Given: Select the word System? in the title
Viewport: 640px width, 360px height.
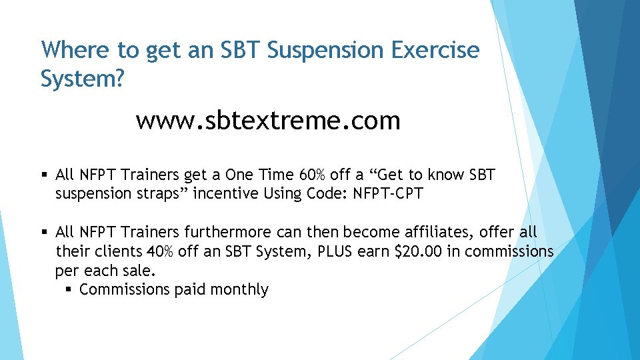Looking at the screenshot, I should coord(82,79).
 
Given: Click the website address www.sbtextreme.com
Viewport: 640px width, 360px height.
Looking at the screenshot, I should coord(268,121).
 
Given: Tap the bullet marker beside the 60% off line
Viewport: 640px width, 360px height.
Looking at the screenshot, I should coord(45,175).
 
